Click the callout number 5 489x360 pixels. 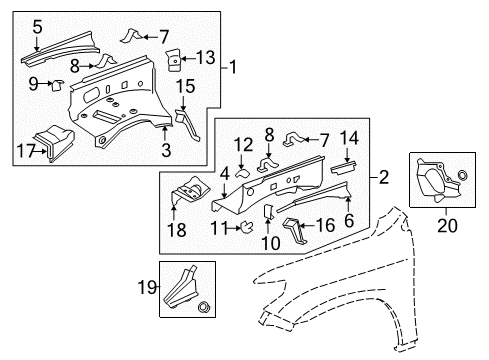point(37,27)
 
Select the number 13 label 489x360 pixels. point(206,57)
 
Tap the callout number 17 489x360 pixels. point(26,151)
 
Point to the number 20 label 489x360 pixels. point(447,225)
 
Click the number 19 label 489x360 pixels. point(147,287)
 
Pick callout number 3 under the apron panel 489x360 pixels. point(166,150)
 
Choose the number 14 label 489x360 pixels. point(349,138)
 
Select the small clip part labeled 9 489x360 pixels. point(57,85)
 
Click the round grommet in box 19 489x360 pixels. point(203,307)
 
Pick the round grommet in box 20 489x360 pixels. point(462,175)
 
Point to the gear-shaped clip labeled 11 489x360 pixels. point(247,227)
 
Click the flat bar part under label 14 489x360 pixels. point(343,167)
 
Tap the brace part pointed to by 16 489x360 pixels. point(293,231)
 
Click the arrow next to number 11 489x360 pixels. point(233,228)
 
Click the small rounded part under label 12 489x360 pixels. point(243,174)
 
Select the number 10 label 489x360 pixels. point(271,242)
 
